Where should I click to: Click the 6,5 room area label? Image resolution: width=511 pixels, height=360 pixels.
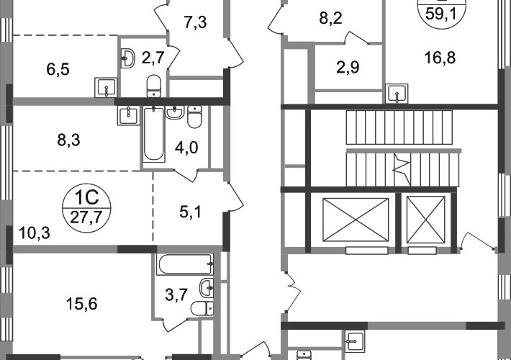point(58,69)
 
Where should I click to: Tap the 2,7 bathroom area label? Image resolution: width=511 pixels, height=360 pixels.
point(153,58)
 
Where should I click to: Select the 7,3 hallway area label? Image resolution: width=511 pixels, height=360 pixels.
point(195,22)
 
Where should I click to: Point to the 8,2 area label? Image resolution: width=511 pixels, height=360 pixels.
point(331,18)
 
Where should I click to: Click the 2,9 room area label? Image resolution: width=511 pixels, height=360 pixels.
point(348,68)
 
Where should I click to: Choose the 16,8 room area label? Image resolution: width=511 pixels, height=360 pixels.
point(440,58)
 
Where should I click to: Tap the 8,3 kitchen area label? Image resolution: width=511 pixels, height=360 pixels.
point(68,140)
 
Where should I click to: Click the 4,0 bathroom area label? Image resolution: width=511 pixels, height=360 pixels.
point(186,148)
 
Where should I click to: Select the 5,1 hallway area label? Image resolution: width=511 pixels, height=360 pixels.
point(191,212)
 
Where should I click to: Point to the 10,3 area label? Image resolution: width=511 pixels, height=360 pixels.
point(35,233)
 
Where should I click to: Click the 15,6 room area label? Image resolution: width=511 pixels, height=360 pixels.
point(82,304)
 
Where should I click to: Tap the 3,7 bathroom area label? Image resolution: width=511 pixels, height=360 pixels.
point(176,295)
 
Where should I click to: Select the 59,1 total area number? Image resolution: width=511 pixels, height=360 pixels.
point(441,14)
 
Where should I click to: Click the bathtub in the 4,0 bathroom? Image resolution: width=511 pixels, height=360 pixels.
point(153,134)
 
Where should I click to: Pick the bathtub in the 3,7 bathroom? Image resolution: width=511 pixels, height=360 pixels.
point(185,264)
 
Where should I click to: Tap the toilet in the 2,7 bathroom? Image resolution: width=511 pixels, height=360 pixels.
point(153,86)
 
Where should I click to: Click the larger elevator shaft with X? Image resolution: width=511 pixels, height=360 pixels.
point(356,220)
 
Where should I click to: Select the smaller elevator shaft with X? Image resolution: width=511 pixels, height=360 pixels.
point(425,220)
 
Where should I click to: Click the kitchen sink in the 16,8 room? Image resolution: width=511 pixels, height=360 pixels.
point(397,94)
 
